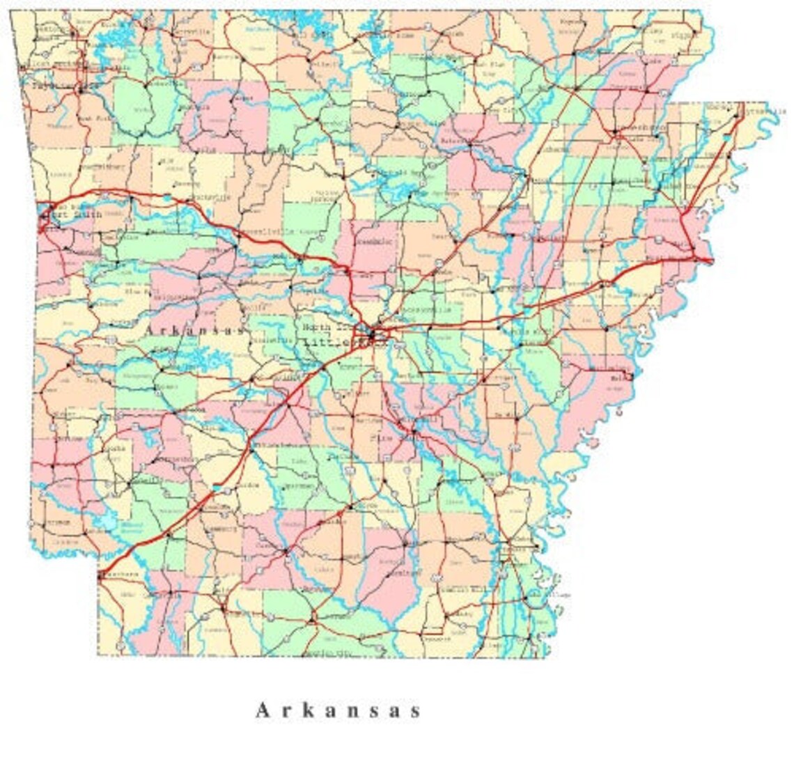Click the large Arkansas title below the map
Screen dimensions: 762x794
tap(338, 710)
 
